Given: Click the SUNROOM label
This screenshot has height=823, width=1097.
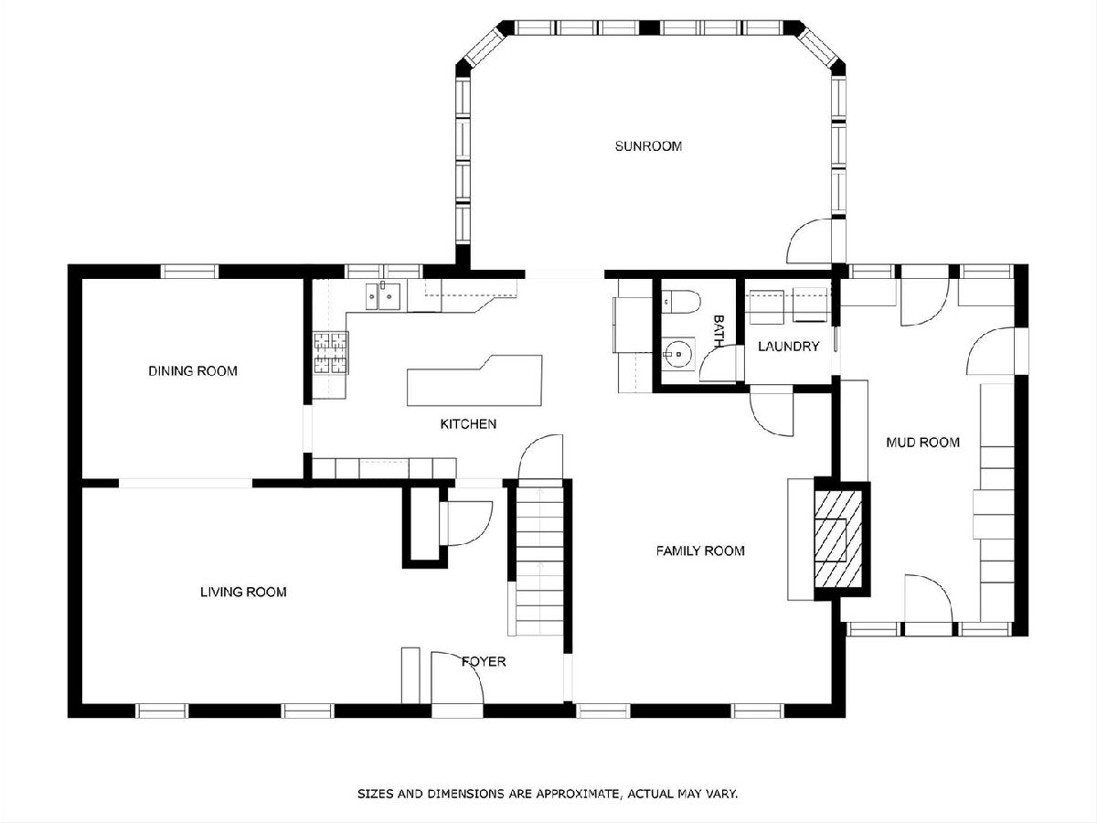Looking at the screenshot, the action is [x=648, y=146].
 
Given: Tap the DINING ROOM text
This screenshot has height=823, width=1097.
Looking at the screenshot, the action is [x=193, y=370].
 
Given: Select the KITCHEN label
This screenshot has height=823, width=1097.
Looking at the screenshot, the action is [x=468, y=423].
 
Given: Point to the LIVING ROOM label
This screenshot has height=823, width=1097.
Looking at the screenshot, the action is [x=243, y=593].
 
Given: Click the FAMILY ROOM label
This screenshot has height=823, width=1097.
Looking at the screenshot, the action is [x=700, y=550].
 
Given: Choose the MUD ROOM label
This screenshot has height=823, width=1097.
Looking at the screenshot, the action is [x=922, y=443].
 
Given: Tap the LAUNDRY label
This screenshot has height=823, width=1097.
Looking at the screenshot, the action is [x=789, y=347].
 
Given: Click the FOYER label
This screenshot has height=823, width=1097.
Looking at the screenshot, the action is [x=484, y=661].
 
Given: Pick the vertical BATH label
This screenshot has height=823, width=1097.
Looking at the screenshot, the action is [x=719, y=331].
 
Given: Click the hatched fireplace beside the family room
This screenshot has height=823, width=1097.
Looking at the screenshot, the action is [x=838, y=540].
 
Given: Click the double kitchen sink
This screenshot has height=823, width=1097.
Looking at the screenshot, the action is [x=383, y=296].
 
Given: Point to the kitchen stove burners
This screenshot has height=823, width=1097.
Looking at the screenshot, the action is [x=330, y=353].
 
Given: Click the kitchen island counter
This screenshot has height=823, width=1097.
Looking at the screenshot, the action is [x=474, y=380].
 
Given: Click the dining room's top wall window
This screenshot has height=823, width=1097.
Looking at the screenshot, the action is [x=190, y=272].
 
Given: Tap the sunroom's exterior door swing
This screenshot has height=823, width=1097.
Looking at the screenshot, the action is [x=810, y=240].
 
